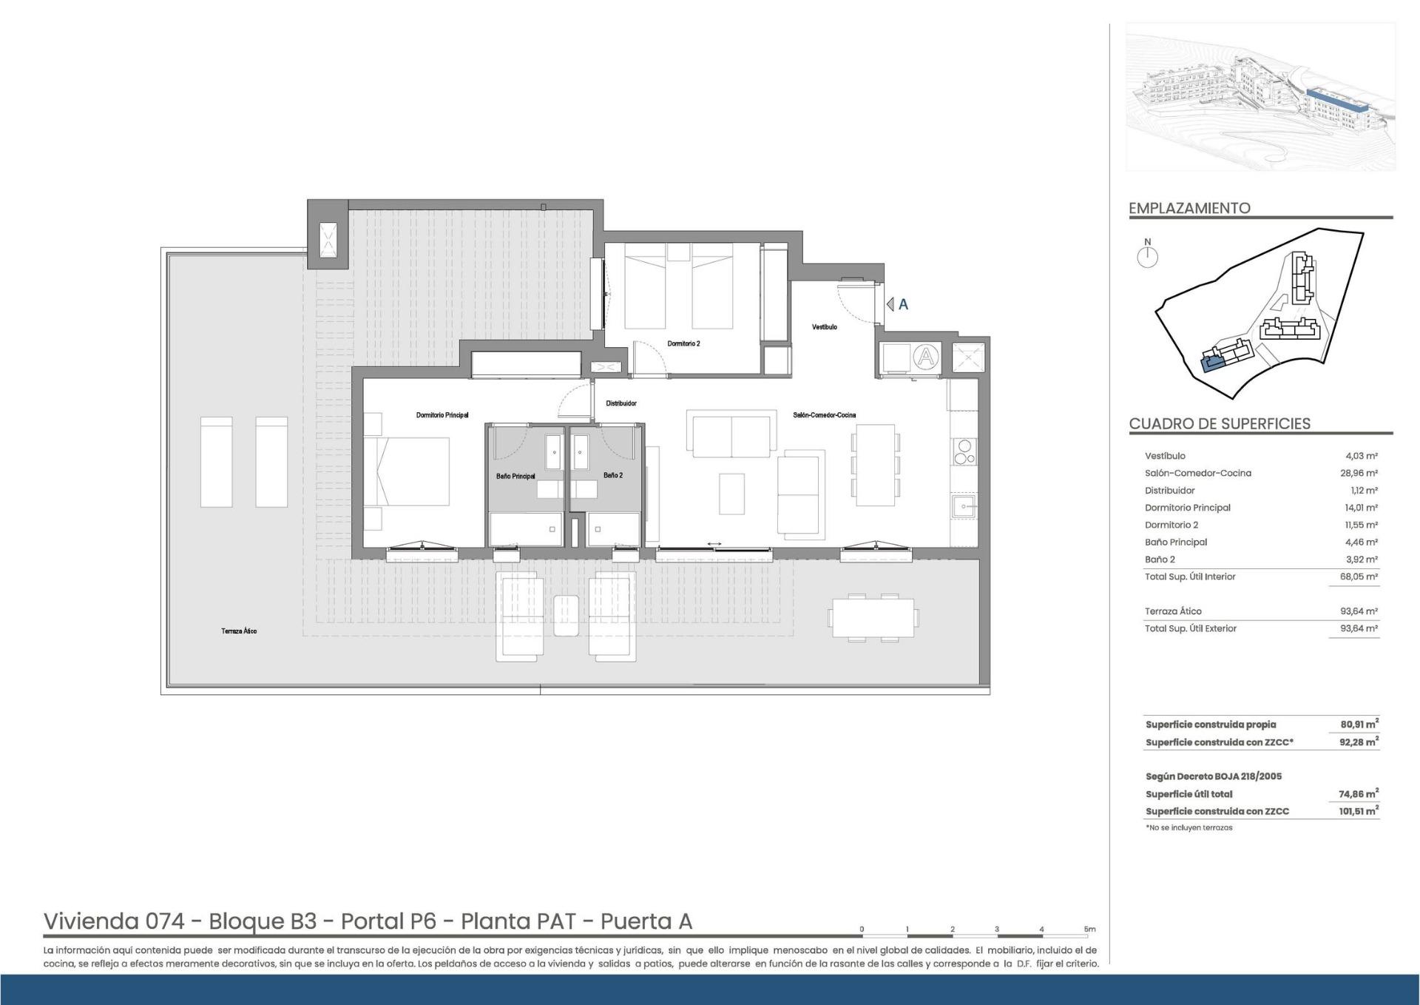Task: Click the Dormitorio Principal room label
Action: pos(442,415)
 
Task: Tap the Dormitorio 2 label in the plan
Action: pos(683,343)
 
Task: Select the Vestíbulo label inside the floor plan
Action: pos(825,326)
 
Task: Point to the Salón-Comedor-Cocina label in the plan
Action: pos(825,415)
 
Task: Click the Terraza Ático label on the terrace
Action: pos(239,631)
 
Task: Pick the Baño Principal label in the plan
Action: pos(515,476)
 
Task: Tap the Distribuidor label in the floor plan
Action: pos(621,403)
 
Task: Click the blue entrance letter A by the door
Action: pos(903,304)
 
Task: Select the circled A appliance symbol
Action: pos(925,358)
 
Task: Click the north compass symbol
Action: pos(1148,254)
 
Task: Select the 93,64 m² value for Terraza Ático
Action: pos(1359,611)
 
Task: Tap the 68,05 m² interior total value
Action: pos(1360,577)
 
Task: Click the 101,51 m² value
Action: pos(1359,811)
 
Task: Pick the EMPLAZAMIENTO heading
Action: pos(1189,208)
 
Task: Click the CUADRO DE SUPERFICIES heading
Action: pos(1220,424)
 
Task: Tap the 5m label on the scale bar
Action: pos(1089,930)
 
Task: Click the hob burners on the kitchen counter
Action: pos(964,452)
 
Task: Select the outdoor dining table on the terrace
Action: pos(873,616)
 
